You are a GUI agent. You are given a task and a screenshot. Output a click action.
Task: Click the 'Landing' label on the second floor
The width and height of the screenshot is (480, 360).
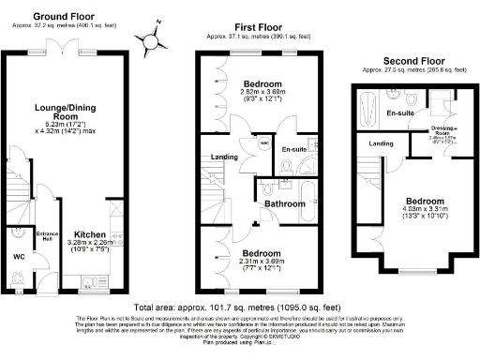(x=381, y=143)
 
